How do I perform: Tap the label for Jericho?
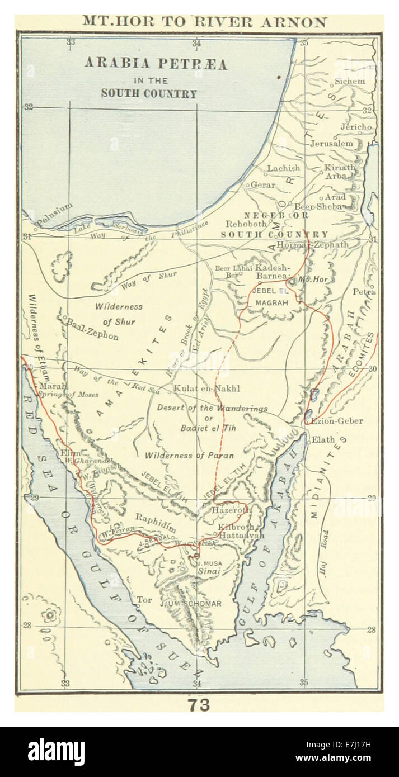pos(356,127)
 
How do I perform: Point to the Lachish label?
pos(283,168)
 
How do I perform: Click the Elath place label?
pos(322,439)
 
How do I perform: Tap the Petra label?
pos(364,292)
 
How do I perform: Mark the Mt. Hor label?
pos(312,279)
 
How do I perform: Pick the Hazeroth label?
pos(231,511)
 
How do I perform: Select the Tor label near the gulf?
pos(144,600)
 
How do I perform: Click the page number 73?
pos(199,705)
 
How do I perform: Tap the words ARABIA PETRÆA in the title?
pos(156,64)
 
